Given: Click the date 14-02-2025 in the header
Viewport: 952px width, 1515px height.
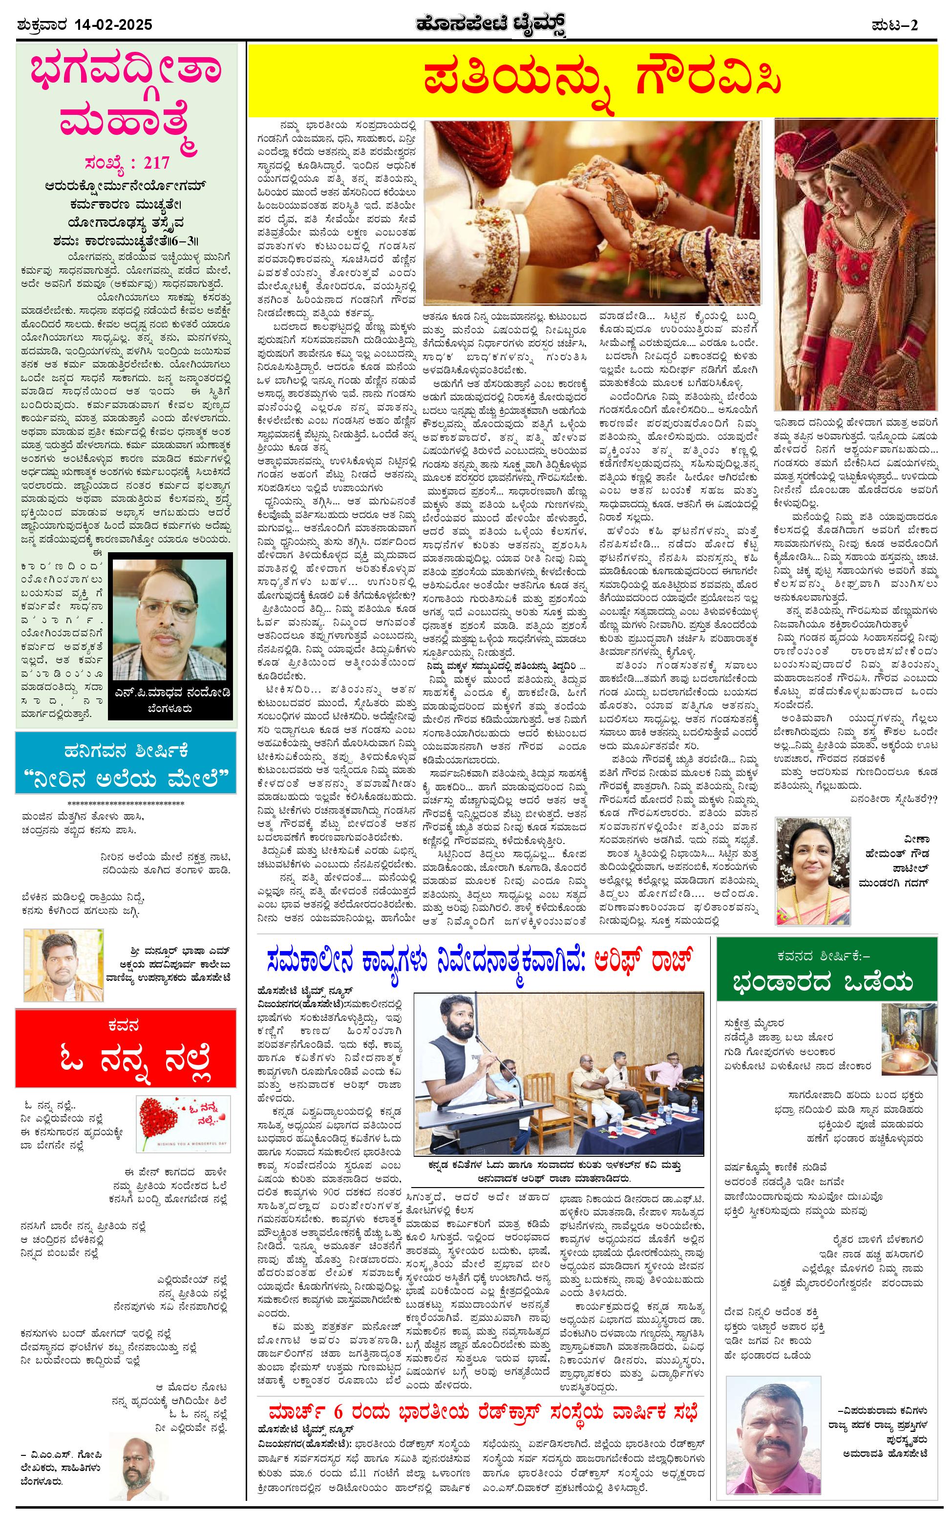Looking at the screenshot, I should pos(113,25).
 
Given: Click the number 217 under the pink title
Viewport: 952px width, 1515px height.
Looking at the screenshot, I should pos(156,163).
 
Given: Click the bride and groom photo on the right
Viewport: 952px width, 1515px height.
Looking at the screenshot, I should pos(854,264).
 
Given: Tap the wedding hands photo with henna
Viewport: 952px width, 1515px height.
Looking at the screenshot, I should pos(592,213).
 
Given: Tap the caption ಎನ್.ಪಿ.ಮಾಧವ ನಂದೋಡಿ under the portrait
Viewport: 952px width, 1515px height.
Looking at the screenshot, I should pos(170,696).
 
